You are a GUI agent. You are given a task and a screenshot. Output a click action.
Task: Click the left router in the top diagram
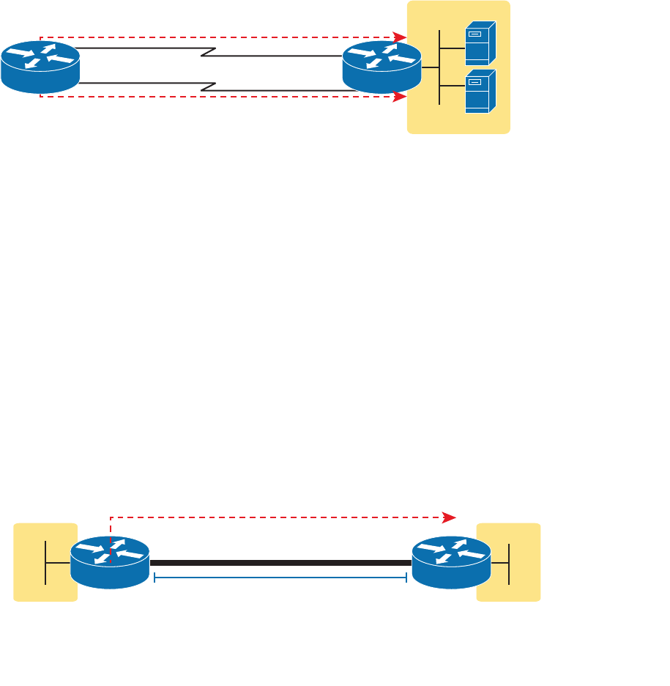[40, 67]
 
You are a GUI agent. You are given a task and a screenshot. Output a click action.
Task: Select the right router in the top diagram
[381, 67]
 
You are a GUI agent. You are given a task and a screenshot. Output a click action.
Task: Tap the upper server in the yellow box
[480, 44]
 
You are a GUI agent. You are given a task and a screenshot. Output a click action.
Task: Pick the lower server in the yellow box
[480, 91]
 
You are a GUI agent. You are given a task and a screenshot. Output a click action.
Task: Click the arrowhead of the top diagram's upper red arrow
[401, 37]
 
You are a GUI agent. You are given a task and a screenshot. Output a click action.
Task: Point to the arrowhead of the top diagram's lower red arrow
[401, 97]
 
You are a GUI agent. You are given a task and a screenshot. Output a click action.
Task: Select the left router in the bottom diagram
[110, 562]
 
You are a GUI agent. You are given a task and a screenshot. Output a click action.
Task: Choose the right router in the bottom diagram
[451, 562]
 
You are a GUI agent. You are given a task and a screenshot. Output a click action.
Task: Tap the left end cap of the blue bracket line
[155, 578]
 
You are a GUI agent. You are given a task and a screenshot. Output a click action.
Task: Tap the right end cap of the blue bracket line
[406, 578]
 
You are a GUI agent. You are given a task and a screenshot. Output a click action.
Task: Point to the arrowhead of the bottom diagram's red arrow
[450, 517]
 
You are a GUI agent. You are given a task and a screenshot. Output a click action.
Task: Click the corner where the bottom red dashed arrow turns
[111, 517]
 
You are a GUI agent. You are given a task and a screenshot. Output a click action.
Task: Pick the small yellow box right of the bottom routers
[508, 562]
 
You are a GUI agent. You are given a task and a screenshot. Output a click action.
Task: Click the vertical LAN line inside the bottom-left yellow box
[45, 562]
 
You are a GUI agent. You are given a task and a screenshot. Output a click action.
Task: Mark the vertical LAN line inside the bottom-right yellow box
[509, 562]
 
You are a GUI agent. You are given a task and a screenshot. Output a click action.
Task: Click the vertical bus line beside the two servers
[439, 67]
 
